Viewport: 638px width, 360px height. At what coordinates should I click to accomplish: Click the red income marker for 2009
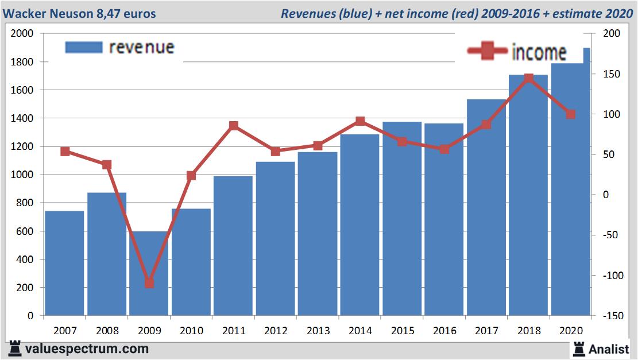(x=149, y=282)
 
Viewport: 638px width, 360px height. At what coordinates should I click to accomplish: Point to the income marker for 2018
(x=529, y=78)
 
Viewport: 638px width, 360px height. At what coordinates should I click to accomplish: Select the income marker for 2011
(x=234, y=126)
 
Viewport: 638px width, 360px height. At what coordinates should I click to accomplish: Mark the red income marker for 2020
(x=570, y=114)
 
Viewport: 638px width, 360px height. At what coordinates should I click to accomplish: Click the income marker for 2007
(x=65, y=152)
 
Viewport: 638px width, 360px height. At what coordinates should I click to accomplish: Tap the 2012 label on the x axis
(x=276, y=331)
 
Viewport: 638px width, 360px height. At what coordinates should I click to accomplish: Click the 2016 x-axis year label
(x=444, y=331)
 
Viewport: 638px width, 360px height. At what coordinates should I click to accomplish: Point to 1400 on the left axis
(x=23, y=118)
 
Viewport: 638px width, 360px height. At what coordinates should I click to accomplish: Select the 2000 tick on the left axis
(x=23, y=34)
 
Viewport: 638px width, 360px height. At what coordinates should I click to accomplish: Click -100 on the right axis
(x=610, y=276)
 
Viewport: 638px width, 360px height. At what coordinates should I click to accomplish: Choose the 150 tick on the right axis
(x=612, y=74)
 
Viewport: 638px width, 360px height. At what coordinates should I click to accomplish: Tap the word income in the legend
(x=539, y=53)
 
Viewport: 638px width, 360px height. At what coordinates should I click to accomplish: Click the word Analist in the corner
(x=609, y=348)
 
